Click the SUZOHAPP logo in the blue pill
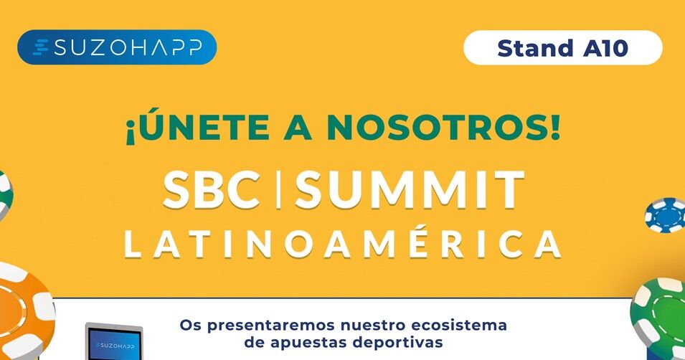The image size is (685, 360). point(117,47)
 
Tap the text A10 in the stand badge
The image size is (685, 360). point(605,48)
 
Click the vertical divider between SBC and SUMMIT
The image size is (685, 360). point(278,190)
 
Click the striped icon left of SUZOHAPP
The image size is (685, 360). point(42,47)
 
